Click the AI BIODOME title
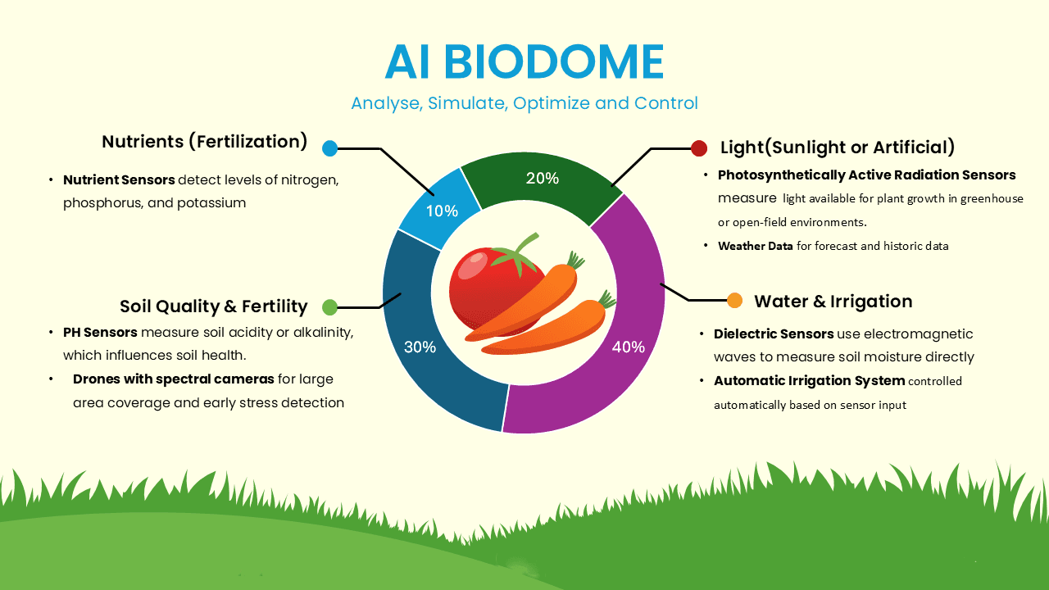[524, 61]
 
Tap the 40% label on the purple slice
[629, 347]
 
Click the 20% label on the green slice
[543, 178]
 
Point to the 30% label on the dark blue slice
[420, 347]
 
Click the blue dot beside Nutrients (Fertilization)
[329, 148]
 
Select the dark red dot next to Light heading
[699, 148]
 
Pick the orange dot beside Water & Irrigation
[734, 301]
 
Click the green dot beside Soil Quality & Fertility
[329, 307]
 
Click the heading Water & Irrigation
[833, 301]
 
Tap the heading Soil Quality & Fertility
[213, 306]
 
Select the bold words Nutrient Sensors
[119, 179]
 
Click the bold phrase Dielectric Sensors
[774, 334]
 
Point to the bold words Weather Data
[755, 246]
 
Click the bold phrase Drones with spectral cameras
[173, 379]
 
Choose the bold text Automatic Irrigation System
[809, 380]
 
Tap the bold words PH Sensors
[99, 333]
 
